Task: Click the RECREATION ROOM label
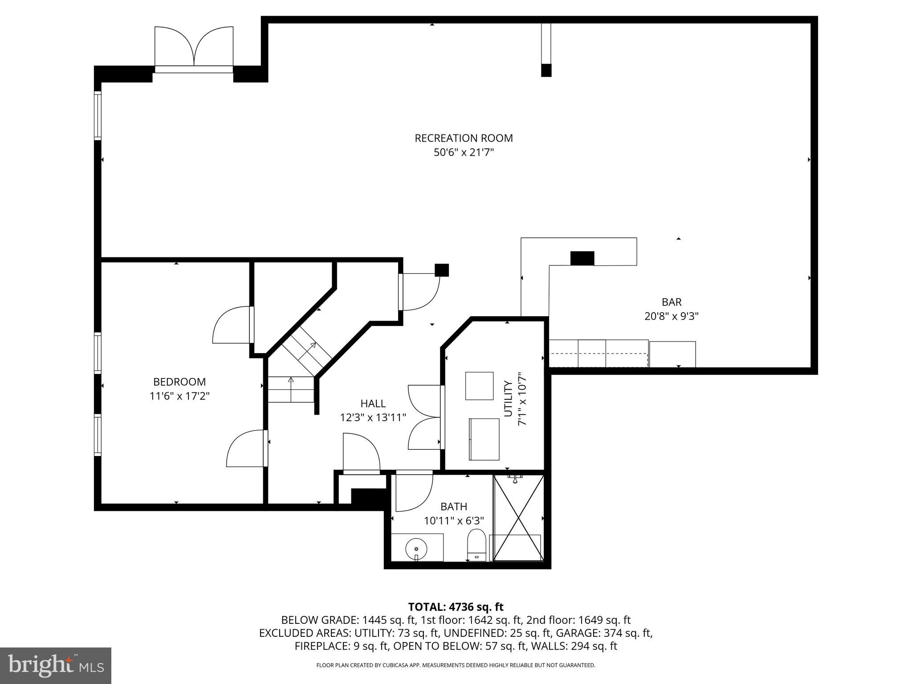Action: [x=464, y=138]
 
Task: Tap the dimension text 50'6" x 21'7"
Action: [x=464, y=153]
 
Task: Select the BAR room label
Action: [x=671, y=302]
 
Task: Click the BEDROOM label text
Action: [x=179, y=382]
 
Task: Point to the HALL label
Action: [x=373, y=403]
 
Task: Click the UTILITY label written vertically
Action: [x=508, y=399]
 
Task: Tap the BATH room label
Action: [x=453, y=506]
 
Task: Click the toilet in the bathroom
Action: [x=476, y=545]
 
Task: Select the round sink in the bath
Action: [x=416, y=547]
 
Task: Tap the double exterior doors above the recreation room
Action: [x=194, y=47]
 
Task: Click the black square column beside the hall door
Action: [x=441, y=270]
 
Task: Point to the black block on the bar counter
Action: [x=582, y=258]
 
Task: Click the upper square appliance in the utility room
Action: [x=479, y=386]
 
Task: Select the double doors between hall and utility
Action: [x=425, y=417]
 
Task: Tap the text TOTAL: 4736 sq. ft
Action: [x=456, y=607]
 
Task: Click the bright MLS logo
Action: [x=56, y=665]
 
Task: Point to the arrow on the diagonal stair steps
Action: [x=312, y=346]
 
